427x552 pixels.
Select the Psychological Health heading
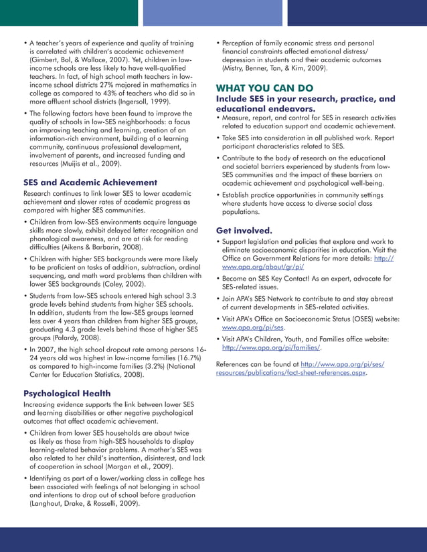[x=69, y=393]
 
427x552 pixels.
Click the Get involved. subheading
[x=245, y=230]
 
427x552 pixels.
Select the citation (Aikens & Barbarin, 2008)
[x=105, y=246]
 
